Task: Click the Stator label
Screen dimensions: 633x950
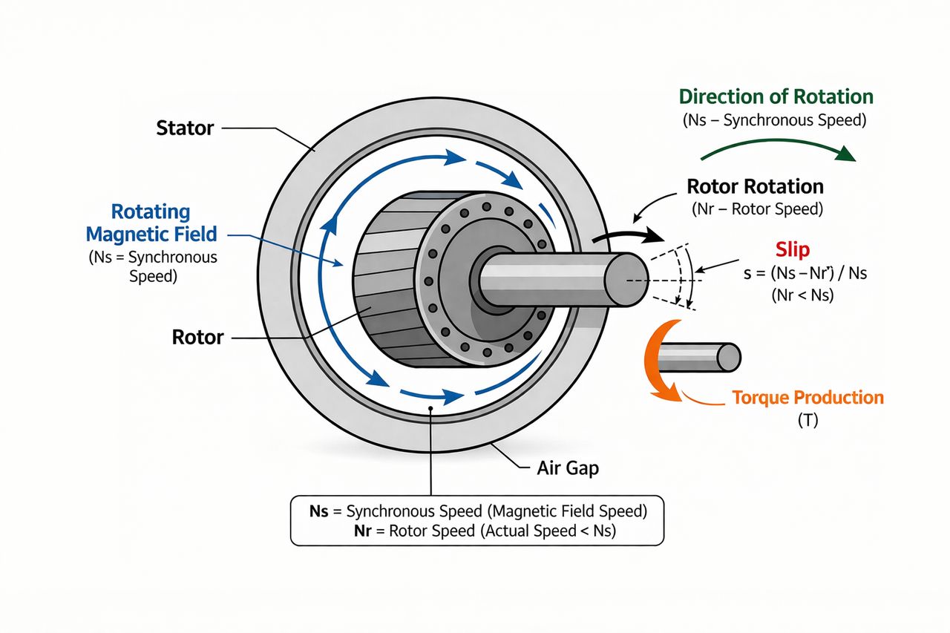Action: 185,128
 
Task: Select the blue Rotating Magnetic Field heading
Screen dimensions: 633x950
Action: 151,223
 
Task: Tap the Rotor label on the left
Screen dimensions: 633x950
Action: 197,338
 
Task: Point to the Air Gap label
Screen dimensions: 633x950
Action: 568,469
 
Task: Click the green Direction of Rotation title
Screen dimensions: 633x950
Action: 776,97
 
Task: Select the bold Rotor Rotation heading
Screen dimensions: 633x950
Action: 755,186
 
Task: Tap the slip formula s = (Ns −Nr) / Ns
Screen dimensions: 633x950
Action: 805,274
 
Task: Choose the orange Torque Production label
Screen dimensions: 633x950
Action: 807,398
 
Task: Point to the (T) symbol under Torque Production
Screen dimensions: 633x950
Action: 807,421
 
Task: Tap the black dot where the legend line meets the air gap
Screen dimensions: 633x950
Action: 430,408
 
